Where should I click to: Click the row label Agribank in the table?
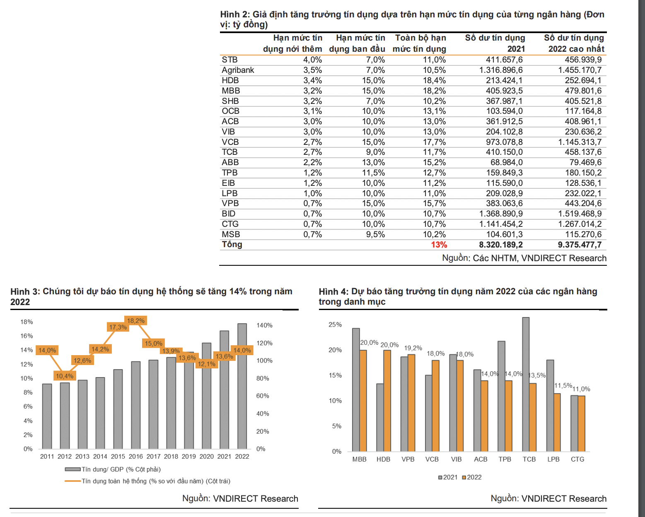[238, 70]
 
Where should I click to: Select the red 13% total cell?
[439, 245]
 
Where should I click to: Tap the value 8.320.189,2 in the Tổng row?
[500, 245]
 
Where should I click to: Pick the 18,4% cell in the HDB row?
[434, 80]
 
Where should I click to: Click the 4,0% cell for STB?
[312, 60]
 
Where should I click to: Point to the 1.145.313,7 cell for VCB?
[580, 142]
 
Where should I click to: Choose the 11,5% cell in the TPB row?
[373, 173]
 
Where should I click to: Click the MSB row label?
[231, 234]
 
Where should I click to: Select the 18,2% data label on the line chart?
[136, 321]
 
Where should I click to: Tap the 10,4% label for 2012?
[65, 376]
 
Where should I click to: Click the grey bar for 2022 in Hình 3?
[242, 386]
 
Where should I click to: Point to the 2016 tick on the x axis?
[136, 457]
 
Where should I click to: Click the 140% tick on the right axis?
[264, 325]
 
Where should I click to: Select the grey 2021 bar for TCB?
[526, 384]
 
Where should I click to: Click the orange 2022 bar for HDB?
[387, 401]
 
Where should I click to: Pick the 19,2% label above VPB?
[413, 348]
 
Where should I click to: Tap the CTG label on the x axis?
[577, 459]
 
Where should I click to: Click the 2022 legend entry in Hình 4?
[472, 477]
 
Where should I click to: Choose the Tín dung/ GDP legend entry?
[113, 469]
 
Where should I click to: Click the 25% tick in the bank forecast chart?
[335, 325]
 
